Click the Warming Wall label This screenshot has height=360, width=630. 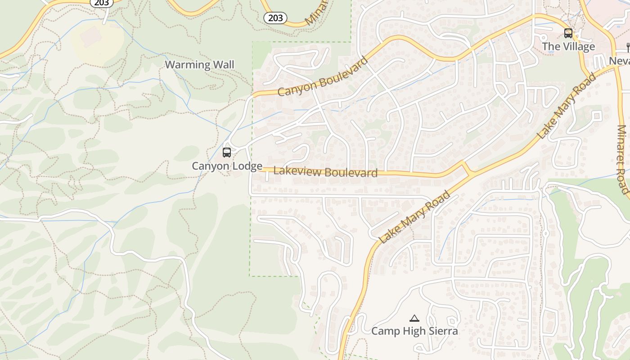click(x=199, y=65)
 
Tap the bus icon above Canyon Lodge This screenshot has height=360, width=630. click(x=227, y=153)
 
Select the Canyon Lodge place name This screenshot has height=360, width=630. click(x=227, y=166)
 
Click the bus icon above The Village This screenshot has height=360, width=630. click(x=568, y=33)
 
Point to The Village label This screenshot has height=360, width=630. click(x=568, y=46)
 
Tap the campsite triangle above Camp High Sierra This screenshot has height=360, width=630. click(x=414, y=318)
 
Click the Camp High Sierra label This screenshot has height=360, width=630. click(x=414, y=331)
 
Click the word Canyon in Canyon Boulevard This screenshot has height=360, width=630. click(x=297, y=87)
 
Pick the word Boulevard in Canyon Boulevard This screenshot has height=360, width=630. click(x=344, y=72)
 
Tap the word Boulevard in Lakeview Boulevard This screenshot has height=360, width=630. click(x=351, y=173)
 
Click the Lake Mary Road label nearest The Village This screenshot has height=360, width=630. click(x=567, y=105)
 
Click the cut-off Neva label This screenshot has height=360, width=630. click(x=620, y=61)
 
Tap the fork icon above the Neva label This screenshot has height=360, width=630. click(x=628, y=47)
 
